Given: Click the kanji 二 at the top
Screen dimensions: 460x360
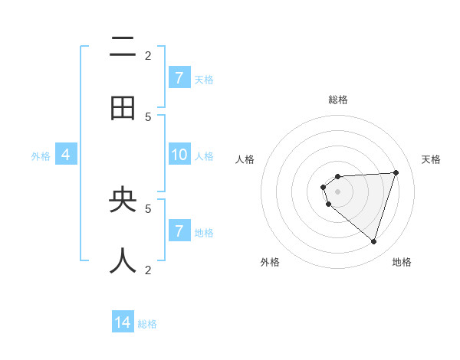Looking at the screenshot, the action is [123, 48].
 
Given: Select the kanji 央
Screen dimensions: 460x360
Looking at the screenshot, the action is [123, 200].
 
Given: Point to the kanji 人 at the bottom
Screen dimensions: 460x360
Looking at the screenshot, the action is [123, 261].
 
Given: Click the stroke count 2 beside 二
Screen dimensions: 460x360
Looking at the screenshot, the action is [148, 55].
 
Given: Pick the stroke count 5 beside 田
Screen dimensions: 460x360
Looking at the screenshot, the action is [148, 116].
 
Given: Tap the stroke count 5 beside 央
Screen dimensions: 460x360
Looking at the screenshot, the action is [148, 208].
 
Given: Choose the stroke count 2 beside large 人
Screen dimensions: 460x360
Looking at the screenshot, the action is [148, 270].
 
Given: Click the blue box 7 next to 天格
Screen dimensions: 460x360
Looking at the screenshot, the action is [179, 78].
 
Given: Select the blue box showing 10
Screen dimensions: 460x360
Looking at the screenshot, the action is [179, 155].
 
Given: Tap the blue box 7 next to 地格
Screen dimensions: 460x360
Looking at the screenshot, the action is [179, 231].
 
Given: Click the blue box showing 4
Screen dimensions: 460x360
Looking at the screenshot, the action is [66, 155].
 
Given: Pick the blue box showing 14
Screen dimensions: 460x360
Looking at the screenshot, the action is [123, 322].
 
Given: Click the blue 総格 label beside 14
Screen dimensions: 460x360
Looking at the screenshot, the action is [147, 324].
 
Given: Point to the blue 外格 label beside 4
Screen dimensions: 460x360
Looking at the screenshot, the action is [41, 156].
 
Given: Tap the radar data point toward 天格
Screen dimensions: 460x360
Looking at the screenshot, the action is [396, 172].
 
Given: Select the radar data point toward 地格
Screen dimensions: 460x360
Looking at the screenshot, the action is [373, 242].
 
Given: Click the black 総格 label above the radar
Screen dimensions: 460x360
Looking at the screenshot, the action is [338, 100].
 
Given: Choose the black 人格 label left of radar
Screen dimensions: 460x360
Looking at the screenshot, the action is [245, 159].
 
